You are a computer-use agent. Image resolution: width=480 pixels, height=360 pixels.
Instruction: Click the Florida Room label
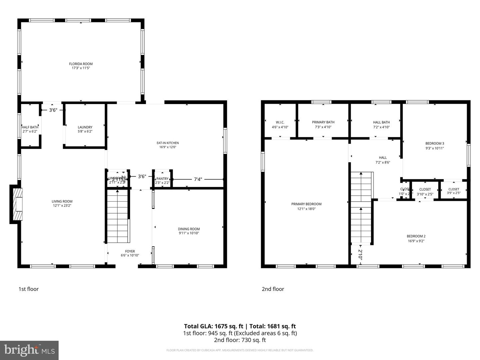click(81, 64)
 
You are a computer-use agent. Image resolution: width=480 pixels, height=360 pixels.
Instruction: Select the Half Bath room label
click(30, 127)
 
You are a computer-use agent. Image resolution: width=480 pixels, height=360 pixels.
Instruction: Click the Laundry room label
click(85, 127)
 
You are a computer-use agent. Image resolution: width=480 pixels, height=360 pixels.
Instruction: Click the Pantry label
click(162, 179)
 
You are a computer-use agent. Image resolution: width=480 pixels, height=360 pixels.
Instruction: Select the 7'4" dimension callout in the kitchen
click(198, 179)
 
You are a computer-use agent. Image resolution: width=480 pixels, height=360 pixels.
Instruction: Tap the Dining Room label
click(189, 229)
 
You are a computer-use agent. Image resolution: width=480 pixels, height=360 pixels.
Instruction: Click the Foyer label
click(130, 251)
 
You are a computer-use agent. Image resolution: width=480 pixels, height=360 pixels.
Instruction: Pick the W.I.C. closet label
click(280, 122)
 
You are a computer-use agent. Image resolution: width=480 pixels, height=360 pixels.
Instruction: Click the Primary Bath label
click(323, 122)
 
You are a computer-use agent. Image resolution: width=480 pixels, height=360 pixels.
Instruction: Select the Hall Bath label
click(381, 122)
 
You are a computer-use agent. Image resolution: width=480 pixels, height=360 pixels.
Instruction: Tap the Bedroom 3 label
click(435, 144)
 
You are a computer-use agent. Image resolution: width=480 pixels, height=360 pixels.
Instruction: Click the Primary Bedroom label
click(306, 204)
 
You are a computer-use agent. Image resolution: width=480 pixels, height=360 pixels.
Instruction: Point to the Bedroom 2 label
click(416, 236)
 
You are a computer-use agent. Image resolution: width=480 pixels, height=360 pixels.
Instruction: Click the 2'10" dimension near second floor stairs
click(360, 254)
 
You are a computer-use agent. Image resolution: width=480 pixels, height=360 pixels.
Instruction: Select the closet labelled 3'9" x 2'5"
click(454, 191)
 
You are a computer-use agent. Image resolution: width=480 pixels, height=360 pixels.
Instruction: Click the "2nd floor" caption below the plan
click(273, 289)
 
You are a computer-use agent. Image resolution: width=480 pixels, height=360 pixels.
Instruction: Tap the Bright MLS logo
click(29, 350)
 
